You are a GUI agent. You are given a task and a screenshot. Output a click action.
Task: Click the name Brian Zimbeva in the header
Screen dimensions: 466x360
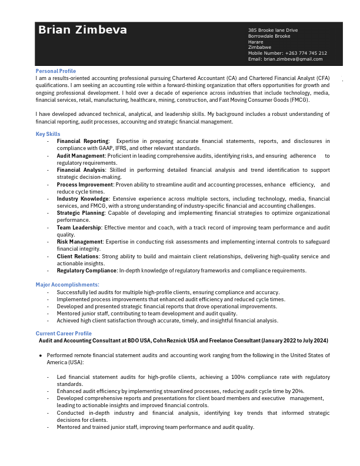click(x=82, y=30)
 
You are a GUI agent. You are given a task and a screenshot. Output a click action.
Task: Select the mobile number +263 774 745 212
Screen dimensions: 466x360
click(x=306, y=53)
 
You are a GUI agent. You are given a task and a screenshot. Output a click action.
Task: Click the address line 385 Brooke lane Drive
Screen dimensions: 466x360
click(x=273, y=30)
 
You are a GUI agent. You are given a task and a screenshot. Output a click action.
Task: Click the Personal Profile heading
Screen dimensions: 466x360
click(x=56, y=71)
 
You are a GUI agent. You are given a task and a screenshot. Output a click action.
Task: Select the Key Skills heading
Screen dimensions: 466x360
click(x=48, y=134)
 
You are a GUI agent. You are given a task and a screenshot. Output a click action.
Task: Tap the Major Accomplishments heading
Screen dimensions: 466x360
click(x=67, y=285)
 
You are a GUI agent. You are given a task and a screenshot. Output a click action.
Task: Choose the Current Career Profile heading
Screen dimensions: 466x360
click(x=64, y=334)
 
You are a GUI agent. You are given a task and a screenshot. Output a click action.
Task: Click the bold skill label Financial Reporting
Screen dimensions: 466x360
click(x=82, y=141)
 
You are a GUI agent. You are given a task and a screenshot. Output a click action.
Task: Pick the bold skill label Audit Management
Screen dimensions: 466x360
click(x=81, y=155)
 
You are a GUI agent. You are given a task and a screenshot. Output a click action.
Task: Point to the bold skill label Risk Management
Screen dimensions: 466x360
click(x=80, y=242)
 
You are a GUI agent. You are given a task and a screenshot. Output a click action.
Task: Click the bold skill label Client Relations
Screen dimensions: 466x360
click(x=78, y=257)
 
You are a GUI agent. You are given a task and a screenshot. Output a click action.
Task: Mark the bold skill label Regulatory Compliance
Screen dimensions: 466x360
click(x=86, y=271)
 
